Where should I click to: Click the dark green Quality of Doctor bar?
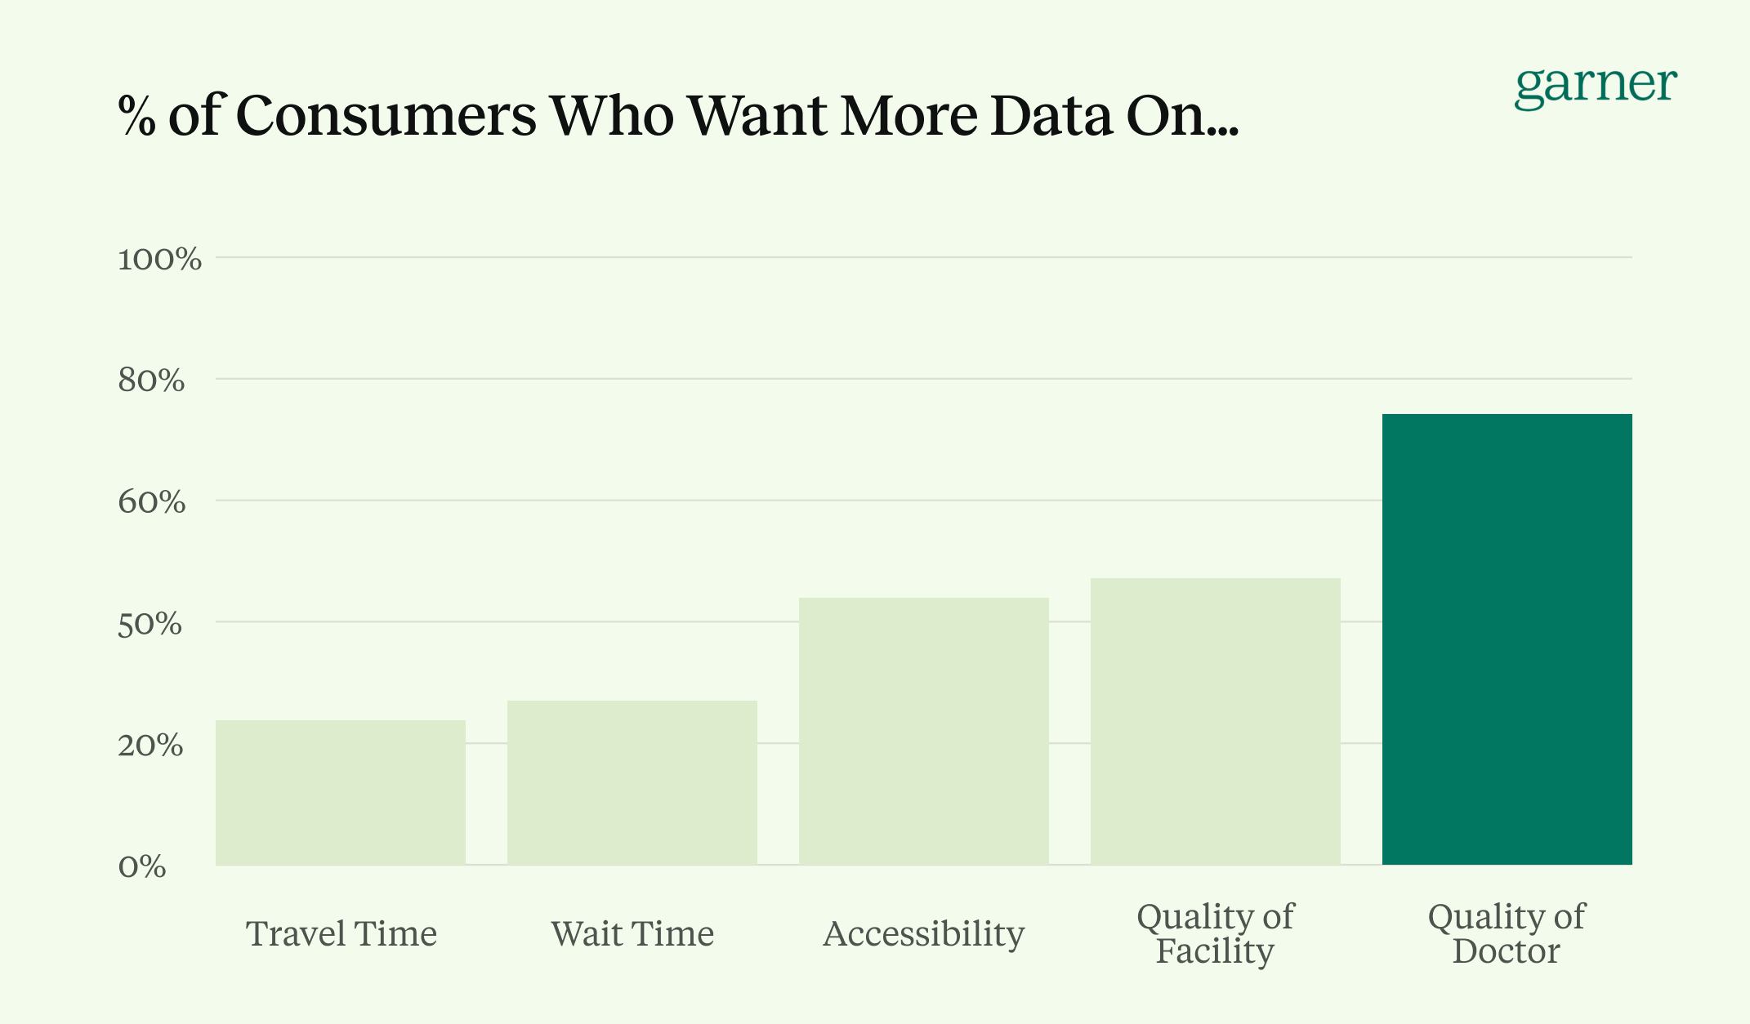(x=1507, y=639)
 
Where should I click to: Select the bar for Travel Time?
(x=341, y=792)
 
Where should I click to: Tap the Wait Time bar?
(x=632, y=782)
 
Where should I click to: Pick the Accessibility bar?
(x=923, y=731)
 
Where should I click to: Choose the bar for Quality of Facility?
(x=1215, y=721)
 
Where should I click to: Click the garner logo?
(x=1595, y=87)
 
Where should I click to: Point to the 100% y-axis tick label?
(x=159, y=260)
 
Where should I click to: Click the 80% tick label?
(x=151, y=381)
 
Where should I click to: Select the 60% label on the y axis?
(x=151, y=502)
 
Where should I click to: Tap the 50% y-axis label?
(x=150, y=625)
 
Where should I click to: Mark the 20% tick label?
(x=150, y=746)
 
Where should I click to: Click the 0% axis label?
(x=142, y=866)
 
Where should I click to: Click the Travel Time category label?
(x=342, y=933)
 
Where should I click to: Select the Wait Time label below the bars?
(x=632, y=933)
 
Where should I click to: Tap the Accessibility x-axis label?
(x=923, y=933)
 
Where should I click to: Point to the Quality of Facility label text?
(x=1215, y=933)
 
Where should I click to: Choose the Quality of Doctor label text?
(x=1506, y=933)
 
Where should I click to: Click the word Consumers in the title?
(x=386, y=115)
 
